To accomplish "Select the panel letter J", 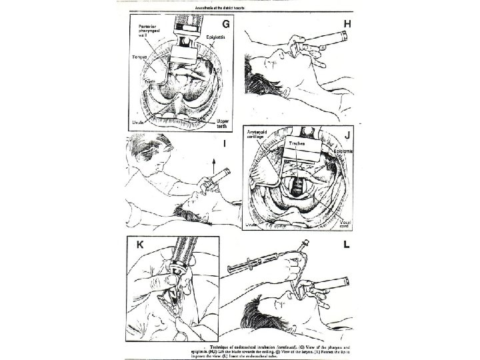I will [x=346, y=133].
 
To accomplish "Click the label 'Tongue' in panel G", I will [x=139, y=57].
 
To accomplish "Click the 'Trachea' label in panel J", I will [x=297, y=143].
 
